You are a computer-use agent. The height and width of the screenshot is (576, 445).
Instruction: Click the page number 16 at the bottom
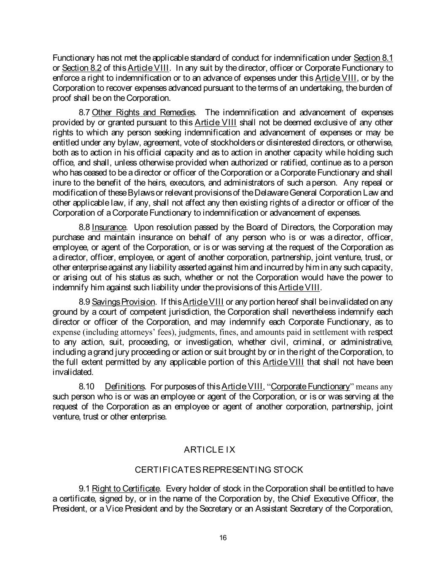223,537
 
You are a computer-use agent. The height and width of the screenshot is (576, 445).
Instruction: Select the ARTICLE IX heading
210,450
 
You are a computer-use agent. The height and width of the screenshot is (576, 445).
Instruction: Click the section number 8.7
84,112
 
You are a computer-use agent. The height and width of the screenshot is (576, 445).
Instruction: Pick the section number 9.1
84,489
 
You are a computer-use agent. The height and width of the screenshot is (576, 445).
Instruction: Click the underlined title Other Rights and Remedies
143,112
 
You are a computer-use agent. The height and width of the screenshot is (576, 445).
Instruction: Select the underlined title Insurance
109,227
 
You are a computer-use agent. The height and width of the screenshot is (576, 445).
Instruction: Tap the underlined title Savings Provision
124,302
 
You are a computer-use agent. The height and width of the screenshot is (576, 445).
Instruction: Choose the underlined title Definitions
125,387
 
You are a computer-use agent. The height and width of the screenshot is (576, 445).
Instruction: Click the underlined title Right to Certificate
126,489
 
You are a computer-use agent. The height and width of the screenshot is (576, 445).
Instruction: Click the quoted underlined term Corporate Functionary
310,387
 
